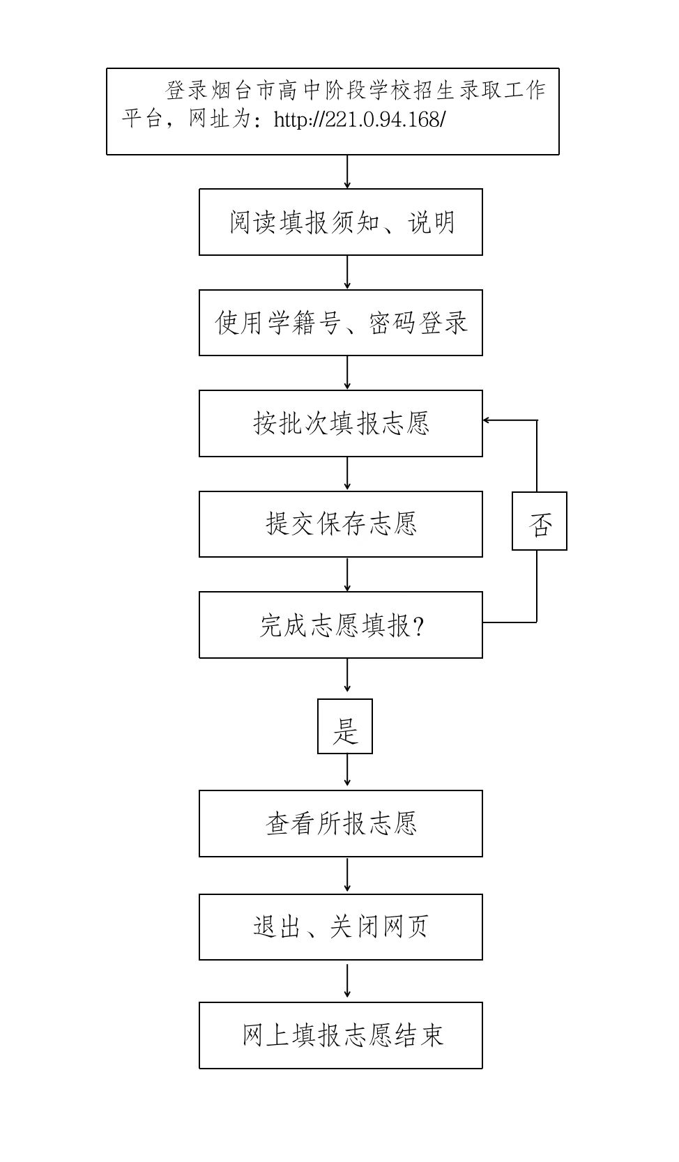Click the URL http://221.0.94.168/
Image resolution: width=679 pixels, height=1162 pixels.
click(359, 120)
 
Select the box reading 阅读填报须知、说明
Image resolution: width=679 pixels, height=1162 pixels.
click(341, 222)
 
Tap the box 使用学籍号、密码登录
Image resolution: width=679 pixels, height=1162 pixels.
click(341, 323)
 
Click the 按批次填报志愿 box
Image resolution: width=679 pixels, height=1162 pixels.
click(341, 423)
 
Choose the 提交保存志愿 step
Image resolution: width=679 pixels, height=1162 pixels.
click(341, 524)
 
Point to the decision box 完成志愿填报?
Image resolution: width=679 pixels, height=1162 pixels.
click(341, 625)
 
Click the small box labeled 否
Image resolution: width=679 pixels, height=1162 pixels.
click(540, 521)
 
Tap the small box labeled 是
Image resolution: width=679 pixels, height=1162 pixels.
click(345, 726)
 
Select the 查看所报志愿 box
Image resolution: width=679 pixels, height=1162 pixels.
click(341, 824)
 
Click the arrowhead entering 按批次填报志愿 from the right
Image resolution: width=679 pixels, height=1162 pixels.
click(487, 420)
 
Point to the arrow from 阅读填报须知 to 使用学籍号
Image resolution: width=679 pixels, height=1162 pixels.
click(347, 273)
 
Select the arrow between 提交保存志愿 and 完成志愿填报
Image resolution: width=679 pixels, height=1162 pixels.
click(347, 574)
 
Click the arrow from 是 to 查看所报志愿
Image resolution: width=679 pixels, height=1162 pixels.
click(347, 772)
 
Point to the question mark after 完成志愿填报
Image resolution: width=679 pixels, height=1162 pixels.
click(418, 626)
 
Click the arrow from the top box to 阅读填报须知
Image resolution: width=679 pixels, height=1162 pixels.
click(347, 171)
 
